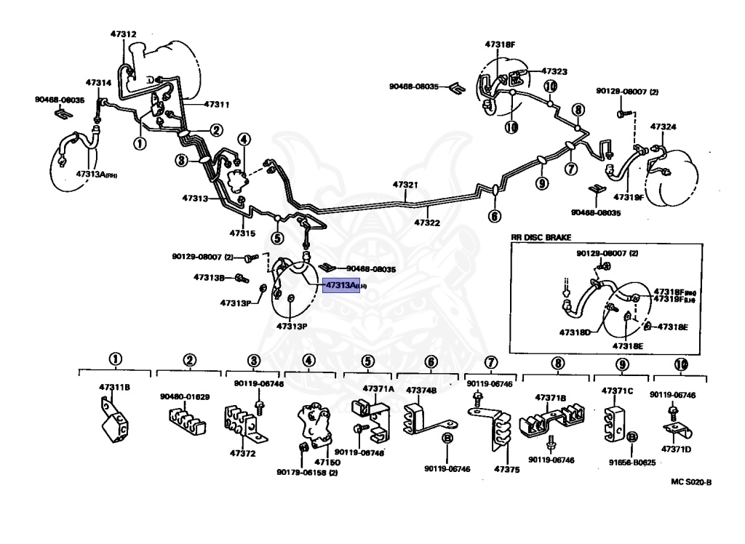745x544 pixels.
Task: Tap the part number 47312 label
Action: click(x=123, y=33)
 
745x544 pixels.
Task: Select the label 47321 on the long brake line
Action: click(x=406, y=185)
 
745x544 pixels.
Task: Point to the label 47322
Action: click(x=429, y=223)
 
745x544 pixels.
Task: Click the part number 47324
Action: click(x=663, y=127)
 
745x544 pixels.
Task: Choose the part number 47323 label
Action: click(x=554, y=72)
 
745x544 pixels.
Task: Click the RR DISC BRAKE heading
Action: click(x=541, y=237)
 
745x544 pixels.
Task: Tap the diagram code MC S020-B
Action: click(x=691, y=481)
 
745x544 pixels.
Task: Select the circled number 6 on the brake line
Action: click(x=495, y=216)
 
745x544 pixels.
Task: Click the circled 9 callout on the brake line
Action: click(x=542, y=183)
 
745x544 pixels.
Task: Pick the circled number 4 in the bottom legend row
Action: click(x=309, y=360)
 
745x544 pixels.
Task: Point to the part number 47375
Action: click(x=507, y=470)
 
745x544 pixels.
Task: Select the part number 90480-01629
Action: click(x=185, y=396)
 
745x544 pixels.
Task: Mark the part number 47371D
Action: click(x=676, y=449)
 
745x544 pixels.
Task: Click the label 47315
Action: click(x=242, y=233)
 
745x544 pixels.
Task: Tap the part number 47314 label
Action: click(x=98, y=83)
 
